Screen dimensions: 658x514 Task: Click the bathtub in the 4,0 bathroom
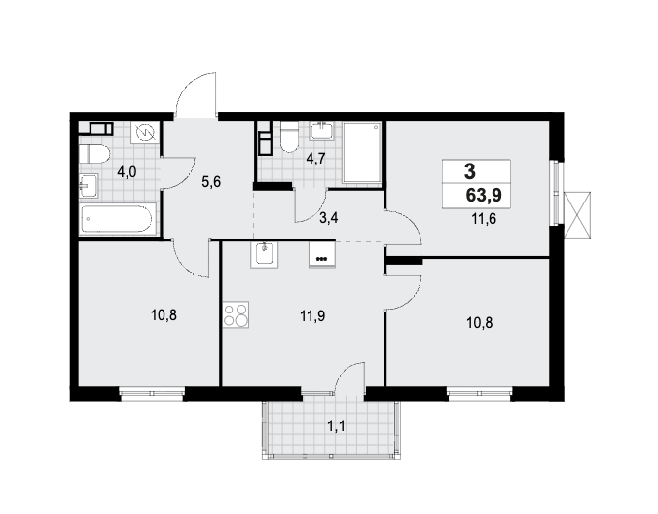click(119, 218)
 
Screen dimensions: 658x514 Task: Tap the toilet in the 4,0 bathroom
click(94, 154)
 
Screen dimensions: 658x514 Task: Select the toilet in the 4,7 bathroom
click(288, 136)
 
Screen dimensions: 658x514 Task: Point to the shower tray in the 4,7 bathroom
click(362, 152)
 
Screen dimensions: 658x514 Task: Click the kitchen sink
click(265, 255)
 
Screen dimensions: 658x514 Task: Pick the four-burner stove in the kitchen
click(236, 314)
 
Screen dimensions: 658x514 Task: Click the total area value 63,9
click(484, 196)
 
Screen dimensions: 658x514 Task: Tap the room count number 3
click(470, 171)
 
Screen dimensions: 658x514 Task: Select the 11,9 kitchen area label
click(312, 315)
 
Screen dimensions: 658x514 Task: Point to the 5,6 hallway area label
click(211, 182)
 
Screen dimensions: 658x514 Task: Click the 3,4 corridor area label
click(329, 218)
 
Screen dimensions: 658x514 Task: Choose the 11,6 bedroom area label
click(484, 219)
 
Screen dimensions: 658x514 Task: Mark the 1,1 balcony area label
click(336, 426)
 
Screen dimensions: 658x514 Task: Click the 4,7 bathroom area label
click(315, 159)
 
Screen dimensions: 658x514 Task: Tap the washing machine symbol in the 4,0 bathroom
click(145, 133)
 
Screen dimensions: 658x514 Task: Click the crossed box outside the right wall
click(577, 215)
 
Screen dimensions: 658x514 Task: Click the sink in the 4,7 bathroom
click(322, 130)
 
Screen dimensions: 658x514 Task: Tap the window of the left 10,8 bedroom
click(152, 393)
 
